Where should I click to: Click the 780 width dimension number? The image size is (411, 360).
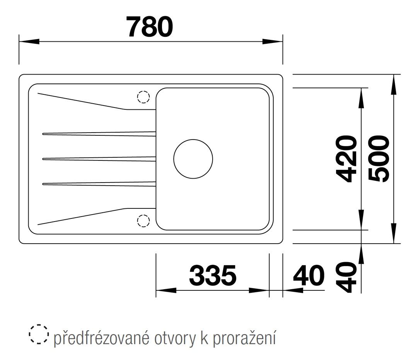150,26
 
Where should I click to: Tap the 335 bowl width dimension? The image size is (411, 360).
213,275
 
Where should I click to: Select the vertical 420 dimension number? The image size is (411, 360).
346,159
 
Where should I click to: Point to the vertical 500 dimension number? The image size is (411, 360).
379,159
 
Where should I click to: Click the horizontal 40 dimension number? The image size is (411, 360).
309,275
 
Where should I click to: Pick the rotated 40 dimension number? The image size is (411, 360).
346,277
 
